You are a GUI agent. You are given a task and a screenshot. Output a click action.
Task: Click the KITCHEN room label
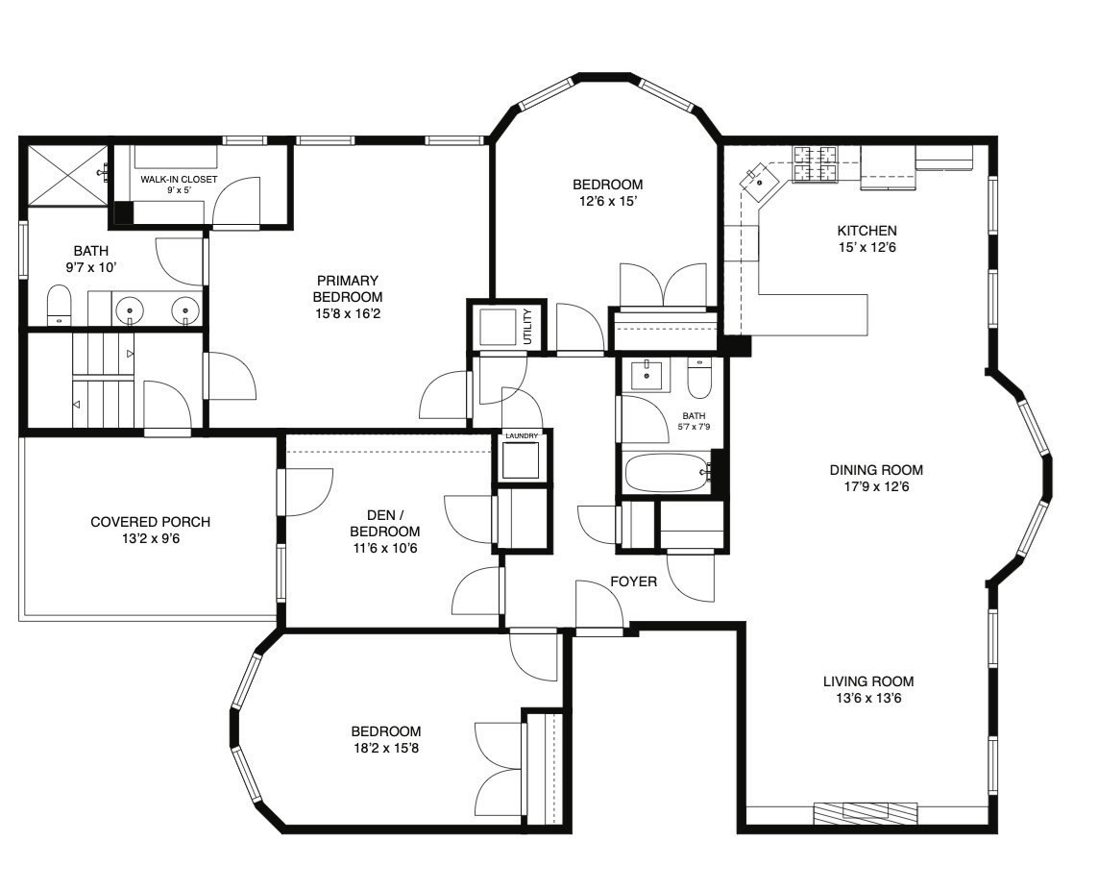(x=866, y=231)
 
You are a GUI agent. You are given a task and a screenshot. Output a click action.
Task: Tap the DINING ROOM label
(x=876, y=470)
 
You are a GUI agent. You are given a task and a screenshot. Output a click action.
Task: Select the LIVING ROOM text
(x=868, y=681)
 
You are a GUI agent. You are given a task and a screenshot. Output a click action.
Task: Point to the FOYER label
(x=634, y=582)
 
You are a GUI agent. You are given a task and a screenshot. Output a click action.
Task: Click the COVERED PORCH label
(x=151, y=522)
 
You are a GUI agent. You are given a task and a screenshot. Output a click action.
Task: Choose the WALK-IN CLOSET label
(x=179, y=180)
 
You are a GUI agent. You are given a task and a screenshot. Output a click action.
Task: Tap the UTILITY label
(x=528, y=326)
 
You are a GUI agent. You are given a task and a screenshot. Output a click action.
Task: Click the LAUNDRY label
(x=522, y=435)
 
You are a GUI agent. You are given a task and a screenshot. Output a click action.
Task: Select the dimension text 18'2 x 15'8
(x=386, y=748)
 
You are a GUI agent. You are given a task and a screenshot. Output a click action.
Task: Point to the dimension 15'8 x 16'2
(x=348, y=313)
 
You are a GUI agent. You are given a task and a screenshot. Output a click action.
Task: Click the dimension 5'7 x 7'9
(x=694, y=426)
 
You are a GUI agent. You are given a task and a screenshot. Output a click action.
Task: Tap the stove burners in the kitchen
(x=816, y=164)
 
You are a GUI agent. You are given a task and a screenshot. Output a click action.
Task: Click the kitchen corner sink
(x=759, y=180)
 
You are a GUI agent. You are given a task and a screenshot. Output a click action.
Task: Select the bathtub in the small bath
(x=668, y=473)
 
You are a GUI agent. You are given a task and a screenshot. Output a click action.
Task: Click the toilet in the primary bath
(x=59, y=306)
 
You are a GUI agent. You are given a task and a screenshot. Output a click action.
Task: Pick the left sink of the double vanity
(x=130, y=309)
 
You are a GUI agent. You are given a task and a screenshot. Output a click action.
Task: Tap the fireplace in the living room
(x=866, y=811)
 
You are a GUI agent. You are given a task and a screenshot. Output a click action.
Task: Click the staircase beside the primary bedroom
(x=103, y=380)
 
